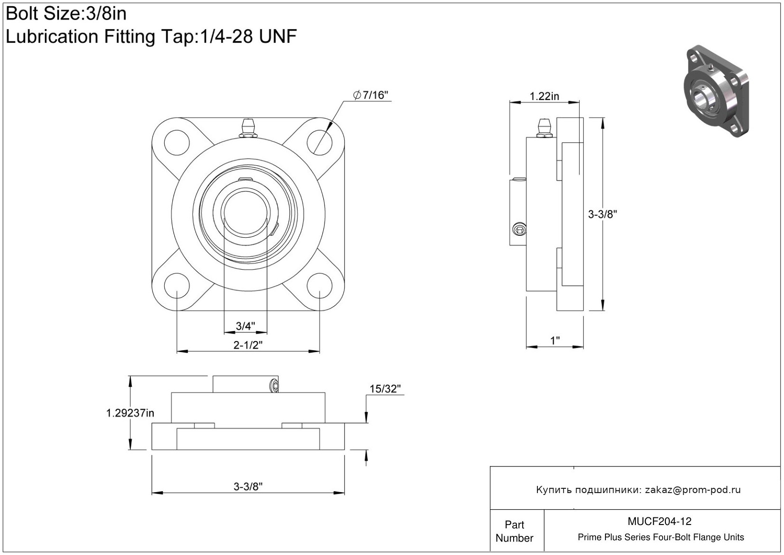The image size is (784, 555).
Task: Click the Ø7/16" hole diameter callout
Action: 371,95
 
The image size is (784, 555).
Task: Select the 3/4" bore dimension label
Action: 245,326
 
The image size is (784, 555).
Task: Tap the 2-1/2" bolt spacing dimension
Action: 248,345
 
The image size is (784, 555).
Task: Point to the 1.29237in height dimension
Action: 130,413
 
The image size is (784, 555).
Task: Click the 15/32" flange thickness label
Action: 385,389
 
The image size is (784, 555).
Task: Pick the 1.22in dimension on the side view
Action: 545,96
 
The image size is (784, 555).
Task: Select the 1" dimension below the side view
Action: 555,341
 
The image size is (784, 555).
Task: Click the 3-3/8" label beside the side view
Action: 602,214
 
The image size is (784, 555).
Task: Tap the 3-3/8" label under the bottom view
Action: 248,486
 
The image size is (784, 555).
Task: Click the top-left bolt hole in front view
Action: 177,142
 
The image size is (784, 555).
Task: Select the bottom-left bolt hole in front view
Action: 177,285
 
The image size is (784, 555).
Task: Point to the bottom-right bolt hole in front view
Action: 319,285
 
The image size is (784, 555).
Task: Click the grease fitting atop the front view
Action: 248,129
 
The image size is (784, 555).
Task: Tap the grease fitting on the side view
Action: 544,128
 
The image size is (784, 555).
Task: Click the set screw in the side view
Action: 520,230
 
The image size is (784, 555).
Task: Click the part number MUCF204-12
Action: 659,522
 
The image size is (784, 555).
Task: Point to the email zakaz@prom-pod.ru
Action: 693,490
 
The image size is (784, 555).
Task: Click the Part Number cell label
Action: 515,531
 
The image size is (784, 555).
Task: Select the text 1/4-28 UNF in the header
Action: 247,36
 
